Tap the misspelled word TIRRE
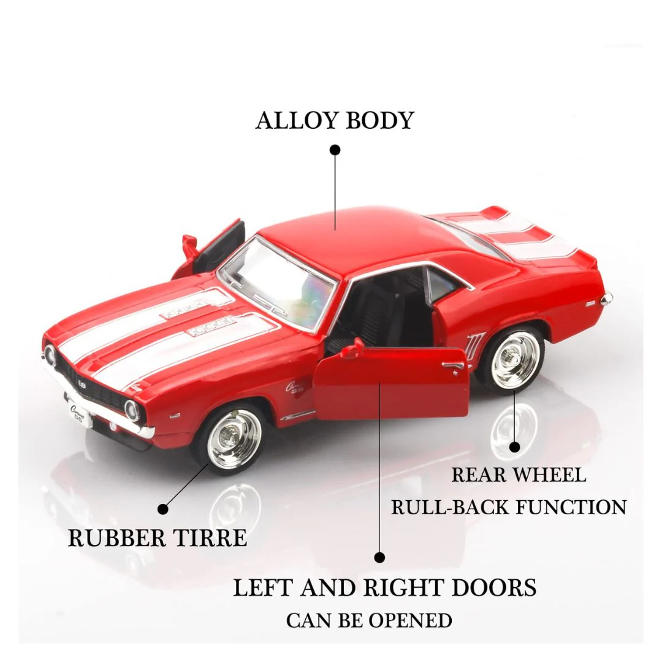pyautogui.click(x=210, y=538)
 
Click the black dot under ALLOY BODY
pyautogui.click(x=335, y=150)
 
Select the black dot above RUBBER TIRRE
pyautogui.click(x=163, y=509)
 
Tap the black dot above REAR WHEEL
pyautogui.click(x=514, y=447)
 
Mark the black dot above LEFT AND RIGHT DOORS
pyautogui.click(x=379, y=557)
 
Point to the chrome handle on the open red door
pyautogui.click(x=454, y=365)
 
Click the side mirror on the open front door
pyautogui.click(x=354, y=348)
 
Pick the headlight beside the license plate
pyautogui.click(x=132, y=409)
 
